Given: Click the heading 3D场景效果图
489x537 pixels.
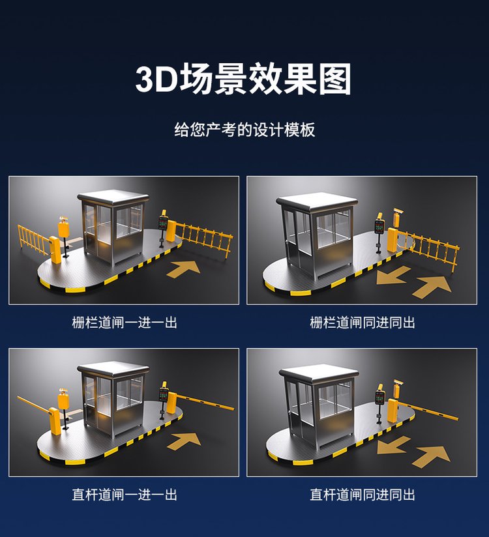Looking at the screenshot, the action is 244,80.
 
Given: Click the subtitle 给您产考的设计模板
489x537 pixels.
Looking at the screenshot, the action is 244,130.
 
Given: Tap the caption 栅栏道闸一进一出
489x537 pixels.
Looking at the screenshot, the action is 125,323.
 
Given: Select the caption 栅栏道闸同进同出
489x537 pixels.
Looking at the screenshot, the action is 363,323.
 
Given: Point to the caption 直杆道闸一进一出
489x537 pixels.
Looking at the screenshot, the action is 125,495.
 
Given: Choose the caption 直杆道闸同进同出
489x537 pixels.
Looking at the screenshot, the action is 363,495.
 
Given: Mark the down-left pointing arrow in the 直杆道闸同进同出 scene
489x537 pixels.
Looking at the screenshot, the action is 393,446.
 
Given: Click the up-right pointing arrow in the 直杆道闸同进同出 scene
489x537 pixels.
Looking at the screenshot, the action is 432,457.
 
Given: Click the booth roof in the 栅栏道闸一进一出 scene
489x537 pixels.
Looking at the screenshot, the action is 113,197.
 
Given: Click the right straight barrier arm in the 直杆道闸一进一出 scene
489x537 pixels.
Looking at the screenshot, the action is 205,401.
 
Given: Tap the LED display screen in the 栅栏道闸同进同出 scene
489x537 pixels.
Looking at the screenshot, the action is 379,227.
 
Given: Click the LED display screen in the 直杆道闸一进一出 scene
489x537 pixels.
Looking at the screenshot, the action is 163,394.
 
